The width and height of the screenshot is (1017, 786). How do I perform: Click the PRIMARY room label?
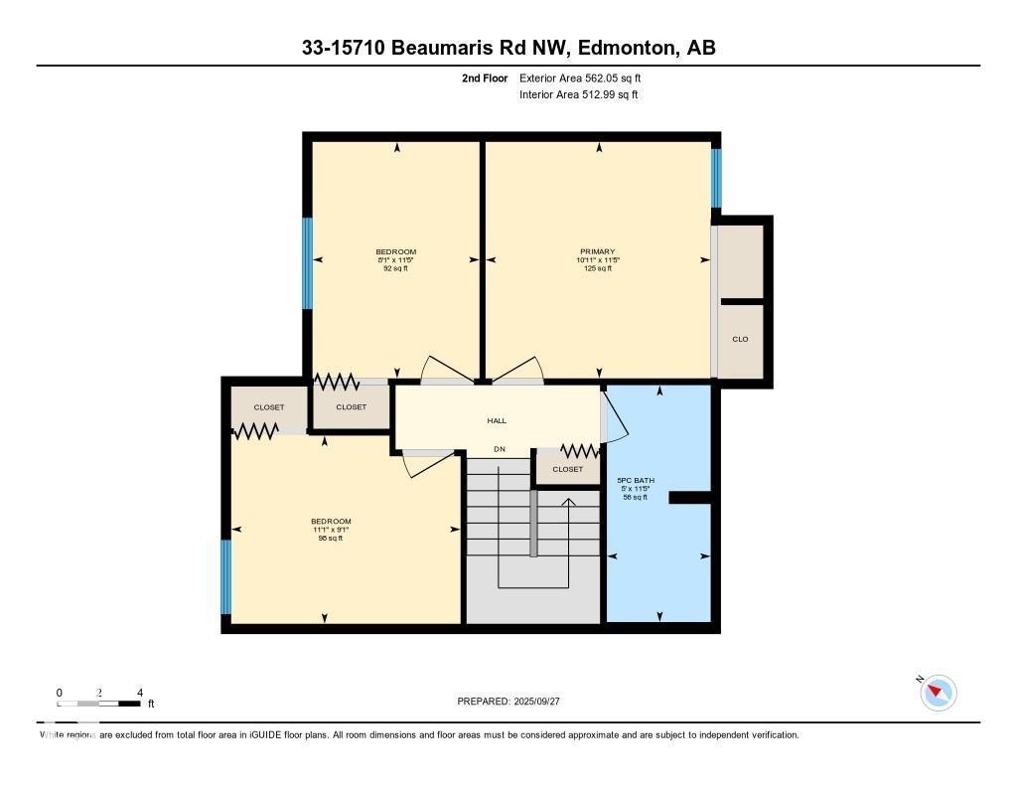(x=598, y=251)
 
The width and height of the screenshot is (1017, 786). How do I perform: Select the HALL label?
(x=497, y=421)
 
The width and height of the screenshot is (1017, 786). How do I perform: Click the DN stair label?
(x=500, y=450)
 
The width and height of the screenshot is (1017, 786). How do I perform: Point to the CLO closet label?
(x=740, y=340)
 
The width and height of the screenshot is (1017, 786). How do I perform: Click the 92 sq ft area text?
(x=395, y=268)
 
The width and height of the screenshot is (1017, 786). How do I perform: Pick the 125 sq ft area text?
(x=598, y=268)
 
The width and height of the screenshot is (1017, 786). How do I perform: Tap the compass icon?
(x=938, y=693)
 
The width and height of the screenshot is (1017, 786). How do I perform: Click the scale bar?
(x=99, y=704)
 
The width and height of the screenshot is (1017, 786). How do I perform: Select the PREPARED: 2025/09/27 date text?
(x=508, y=702)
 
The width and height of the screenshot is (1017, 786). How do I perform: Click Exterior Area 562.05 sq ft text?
(x=587, y=78)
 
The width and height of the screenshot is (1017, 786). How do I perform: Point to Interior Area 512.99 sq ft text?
(x=578, y=95)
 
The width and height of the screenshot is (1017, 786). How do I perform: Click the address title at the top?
(x=508, y=48)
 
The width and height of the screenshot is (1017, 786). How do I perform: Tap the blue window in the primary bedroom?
(x=716, y=178)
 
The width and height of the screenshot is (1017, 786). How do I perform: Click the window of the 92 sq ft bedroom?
(x=308, y=263)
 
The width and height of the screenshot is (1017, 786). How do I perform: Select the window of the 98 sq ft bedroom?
(x=226, y=576)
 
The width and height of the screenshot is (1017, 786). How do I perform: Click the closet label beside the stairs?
(x=568, y=470)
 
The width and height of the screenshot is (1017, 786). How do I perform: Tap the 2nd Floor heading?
(x=485, y=78)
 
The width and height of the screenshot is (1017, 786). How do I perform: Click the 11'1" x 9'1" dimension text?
(x=331, y=530)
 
